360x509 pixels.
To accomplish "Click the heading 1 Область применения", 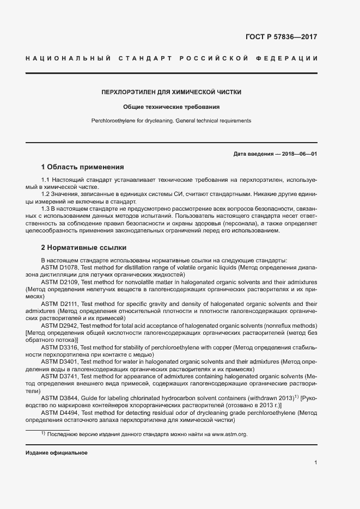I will (83, 167).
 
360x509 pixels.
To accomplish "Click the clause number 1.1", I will (46, 180).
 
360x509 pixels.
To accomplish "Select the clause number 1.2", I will (46, 194).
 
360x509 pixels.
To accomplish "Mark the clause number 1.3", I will (46, 208).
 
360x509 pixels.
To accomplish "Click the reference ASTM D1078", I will (60, 268).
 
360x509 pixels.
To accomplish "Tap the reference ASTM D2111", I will (60, 304).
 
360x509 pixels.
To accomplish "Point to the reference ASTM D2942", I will (60, 326).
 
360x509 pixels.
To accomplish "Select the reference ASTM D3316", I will (60, 347).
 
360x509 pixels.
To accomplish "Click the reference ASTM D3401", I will (60, 362).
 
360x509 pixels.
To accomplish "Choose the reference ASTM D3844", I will (60, 398).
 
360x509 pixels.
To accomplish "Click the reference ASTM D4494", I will (60, 413).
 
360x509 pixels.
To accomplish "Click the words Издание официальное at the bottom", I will (56, 453).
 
